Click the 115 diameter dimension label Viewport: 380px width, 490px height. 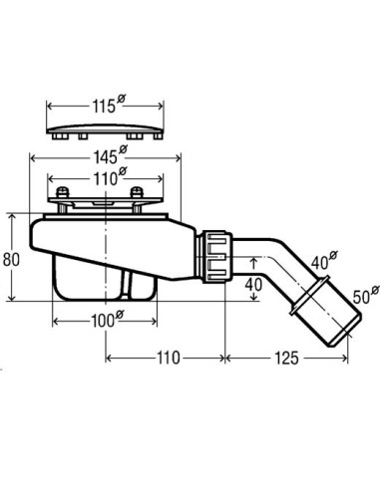tap(108, 105)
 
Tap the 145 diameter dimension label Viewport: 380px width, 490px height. tap(109, 155)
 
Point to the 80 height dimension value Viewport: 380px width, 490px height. tap(11, 259)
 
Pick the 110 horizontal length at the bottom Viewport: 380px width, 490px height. tap(168, 359)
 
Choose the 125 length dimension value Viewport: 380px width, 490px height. tap(286, 359)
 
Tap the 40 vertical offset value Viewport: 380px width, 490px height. tap(253, 285)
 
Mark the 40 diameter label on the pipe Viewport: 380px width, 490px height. tap(324, 261)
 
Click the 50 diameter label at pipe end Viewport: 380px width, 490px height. tap(366, 295)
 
